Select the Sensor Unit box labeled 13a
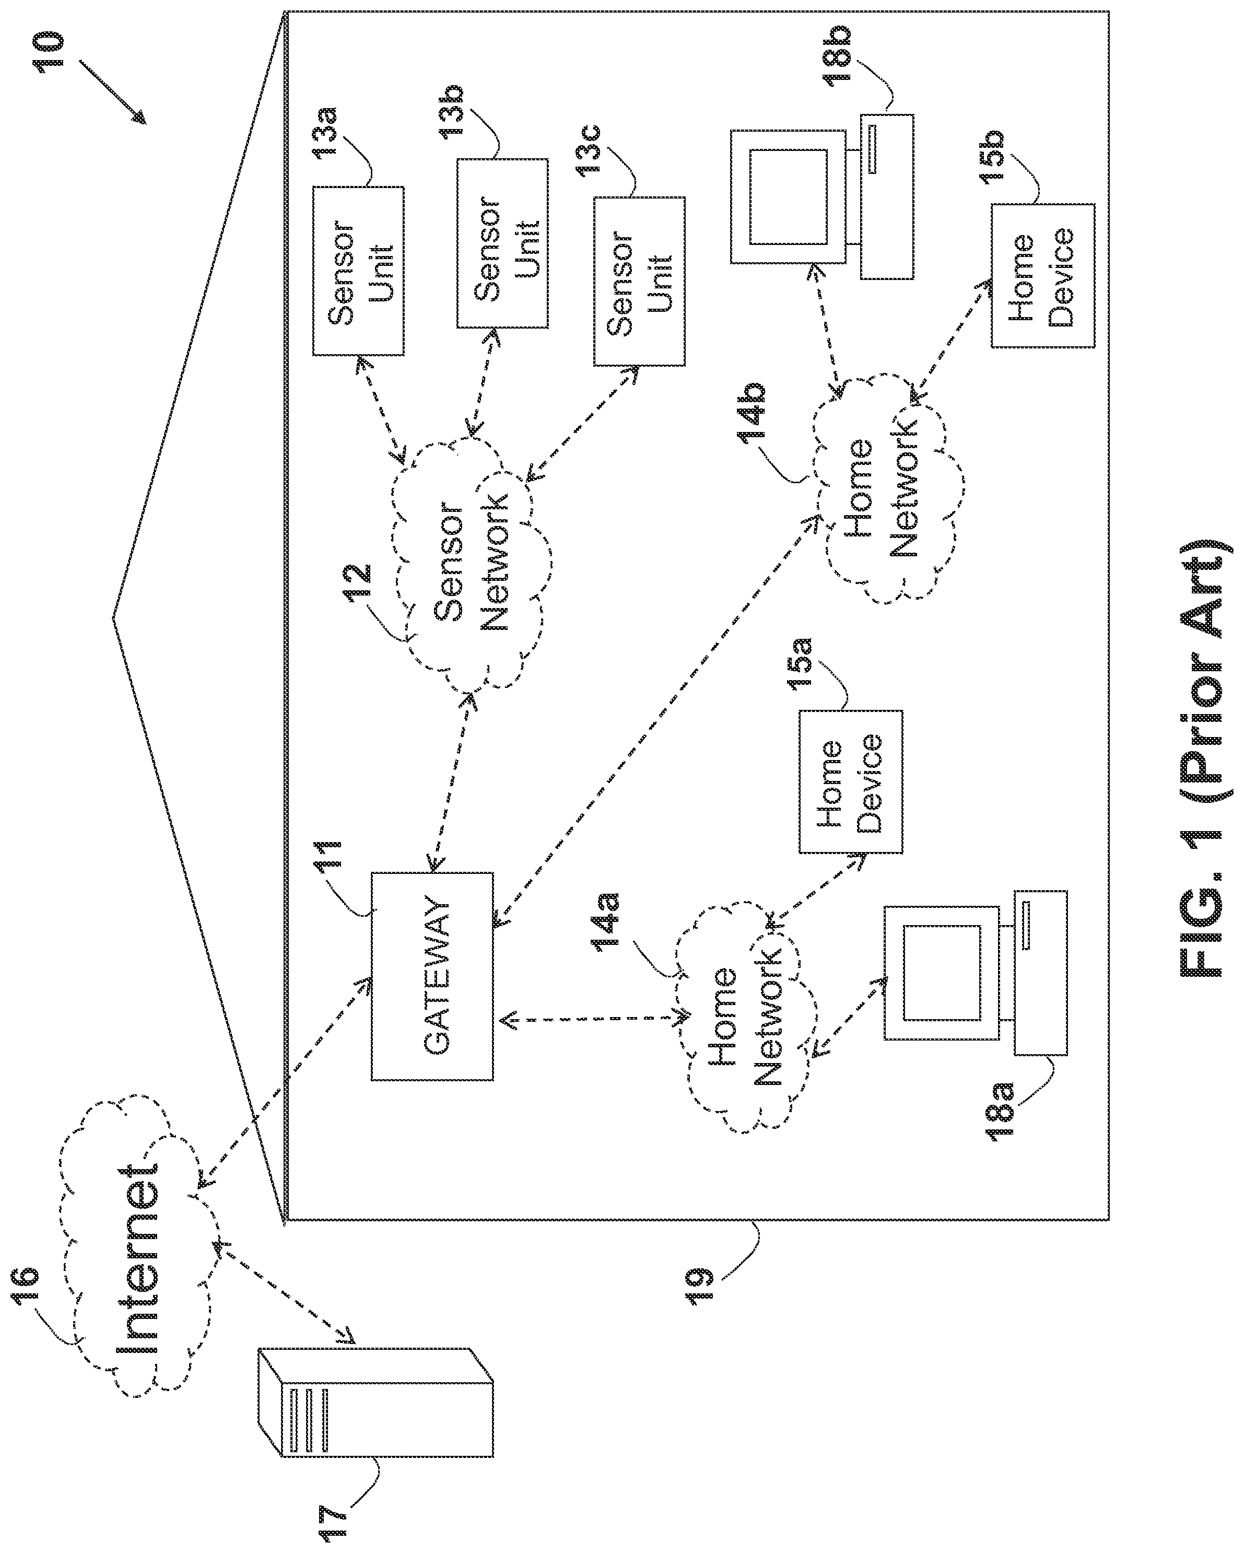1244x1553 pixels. click(x=358, y=271)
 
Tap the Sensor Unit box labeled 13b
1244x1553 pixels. click(x=502, y=243)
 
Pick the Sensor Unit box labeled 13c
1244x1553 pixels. click(x=639, y=282)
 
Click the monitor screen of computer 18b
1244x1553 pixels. click(x=788, y=196)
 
